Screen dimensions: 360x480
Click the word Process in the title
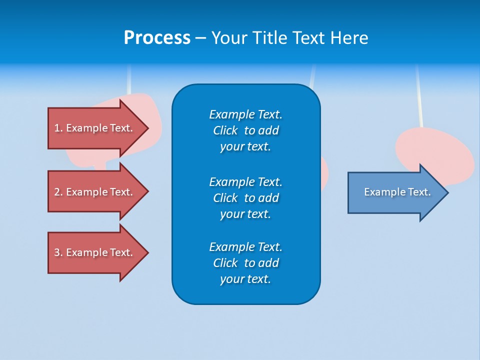[x=157, y=38]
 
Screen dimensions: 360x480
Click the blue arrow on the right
[x=395, y=192]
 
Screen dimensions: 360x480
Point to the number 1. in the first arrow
[x=58, y=128]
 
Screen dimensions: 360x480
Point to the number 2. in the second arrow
[x=58, y=192]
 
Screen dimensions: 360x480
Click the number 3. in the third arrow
[x=58, y=252]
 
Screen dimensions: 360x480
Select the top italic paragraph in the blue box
[x=245, y=130]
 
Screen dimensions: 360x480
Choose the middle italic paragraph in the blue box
[x=245, y=198]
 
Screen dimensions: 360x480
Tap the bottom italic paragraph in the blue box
[x=245, y=263]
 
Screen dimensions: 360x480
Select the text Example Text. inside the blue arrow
[x=397, y=192]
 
